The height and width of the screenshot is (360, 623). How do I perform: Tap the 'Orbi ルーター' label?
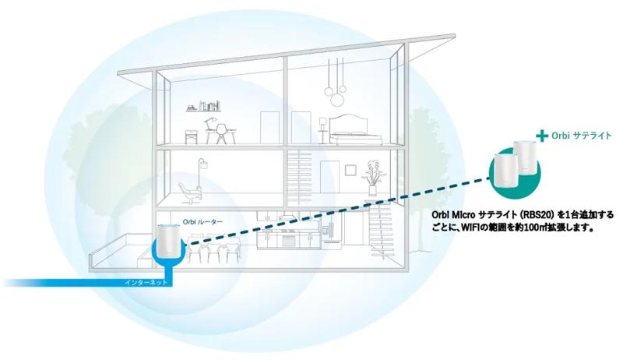(x=202, y=222)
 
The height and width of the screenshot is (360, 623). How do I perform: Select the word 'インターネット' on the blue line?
(x=146, y=283)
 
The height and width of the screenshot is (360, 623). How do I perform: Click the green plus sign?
(x=541, y=136)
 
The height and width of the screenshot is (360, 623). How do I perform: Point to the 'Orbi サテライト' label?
(x=581, y=136)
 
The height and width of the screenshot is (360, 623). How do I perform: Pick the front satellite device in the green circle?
(x=505, y=171)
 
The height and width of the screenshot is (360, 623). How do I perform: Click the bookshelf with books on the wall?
(x=203, y=106)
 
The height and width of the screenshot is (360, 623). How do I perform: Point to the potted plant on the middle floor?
(x=373, y=177)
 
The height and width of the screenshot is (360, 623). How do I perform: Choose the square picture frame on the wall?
(x=350, y=170)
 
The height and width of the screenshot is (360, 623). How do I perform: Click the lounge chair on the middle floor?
(x=190, y=193)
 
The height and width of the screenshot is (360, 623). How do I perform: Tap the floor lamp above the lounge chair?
(x=202, y=174)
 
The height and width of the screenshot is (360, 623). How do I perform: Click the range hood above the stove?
(x=287, y=216)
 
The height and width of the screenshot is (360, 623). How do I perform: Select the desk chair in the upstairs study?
(x=221, y=133)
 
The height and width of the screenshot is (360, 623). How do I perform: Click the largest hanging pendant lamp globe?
(x=338, y=101)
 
